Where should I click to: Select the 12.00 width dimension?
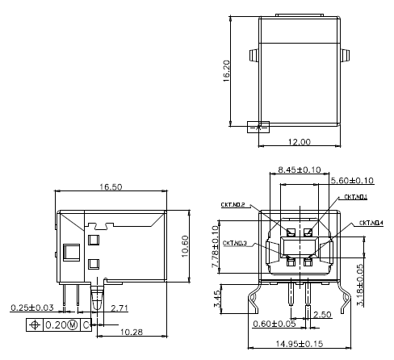coord(300,142)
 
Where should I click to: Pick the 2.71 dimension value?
coord(120,308)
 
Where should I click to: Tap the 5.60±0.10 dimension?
coord(353,181)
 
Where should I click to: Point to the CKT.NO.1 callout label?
coord(356,197)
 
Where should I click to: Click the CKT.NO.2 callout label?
coord(233,205)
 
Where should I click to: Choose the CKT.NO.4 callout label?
coord(371,223)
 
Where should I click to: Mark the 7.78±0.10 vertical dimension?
coord(216,247)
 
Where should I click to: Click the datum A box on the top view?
coord(258,127)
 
